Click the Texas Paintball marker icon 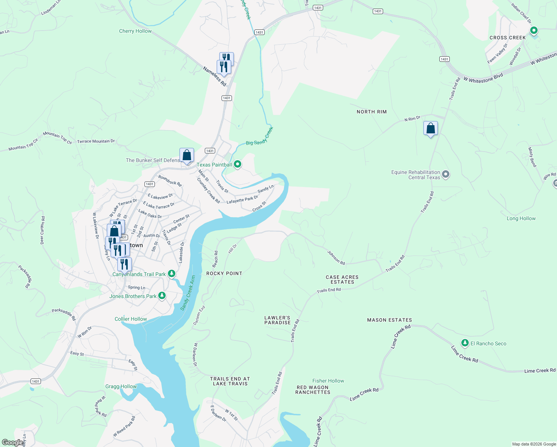[238, 164]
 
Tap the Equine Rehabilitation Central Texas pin [446, 174]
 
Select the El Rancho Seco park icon [465, 343]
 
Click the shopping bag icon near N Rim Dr [430, 129]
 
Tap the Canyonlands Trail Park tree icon [171, 274]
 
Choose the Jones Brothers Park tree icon [162, 296]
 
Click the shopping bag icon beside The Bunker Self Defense [187, 155]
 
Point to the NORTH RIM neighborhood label [371, 112]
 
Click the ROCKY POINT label [224, 273]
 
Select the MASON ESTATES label [389, 320]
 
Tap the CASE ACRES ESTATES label [342, 280]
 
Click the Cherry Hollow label [135, 31]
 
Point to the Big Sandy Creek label [260, 136]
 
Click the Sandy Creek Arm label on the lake [188, 293]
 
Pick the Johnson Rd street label [336, 258]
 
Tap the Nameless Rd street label [214, 76]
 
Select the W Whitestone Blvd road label [483, 78]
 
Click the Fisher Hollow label [328, 381]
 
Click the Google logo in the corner [13, 443]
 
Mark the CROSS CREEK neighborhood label [507, 38]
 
